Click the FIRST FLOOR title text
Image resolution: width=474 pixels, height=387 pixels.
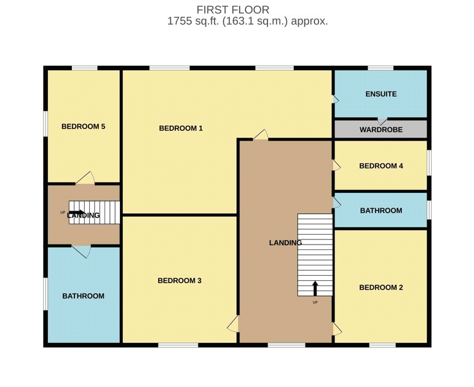[233, 10]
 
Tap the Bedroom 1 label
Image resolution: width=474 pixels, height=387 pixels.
[181, 128]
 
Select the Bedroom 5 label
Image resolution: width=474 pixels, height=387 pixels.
[83, 127]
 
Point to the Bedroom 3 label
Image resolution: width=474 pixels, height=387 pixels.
[180, 281]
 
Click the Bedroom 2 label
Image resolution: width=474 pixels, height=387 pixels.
[381, 287]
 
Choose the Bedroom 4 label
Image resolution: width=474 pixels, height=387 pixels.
[381, 166]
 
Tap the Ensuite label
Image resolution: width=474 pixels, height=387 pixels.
[381, 94]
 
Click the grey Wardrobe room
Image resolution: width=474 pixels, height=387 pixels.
[381, 129]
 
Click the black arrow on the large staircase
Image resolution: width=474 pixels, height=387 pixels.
[315, 289]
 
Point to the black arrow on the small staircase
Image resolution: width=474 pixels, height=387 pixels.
[77, 212]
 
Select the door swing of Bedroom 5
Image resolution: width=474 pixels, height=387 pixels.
[85, 178]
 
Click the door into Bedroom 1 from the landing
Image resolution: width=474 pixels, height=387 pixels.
[261, 135]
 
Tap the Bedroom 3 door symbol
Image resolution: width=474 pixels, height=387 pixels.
[233, 324]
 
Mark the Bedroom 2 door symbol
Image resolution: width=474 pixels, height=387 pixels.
[338, 329]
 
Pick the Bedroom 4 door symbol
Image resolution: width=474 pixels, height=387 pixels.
[337, 165]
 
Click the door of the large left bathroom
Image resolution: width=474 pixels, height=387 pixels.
[81, 252]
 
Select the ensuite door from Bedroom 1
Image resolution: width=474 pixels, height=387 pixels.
[336, 100]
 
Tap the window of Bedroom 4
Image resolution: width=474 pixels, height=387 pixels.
[429, 163]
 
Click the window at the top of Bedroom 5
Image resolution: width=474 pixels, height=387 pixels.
[85, 68]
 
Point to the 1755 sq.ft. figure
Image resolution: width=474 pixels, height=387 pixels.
[193, 21]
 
